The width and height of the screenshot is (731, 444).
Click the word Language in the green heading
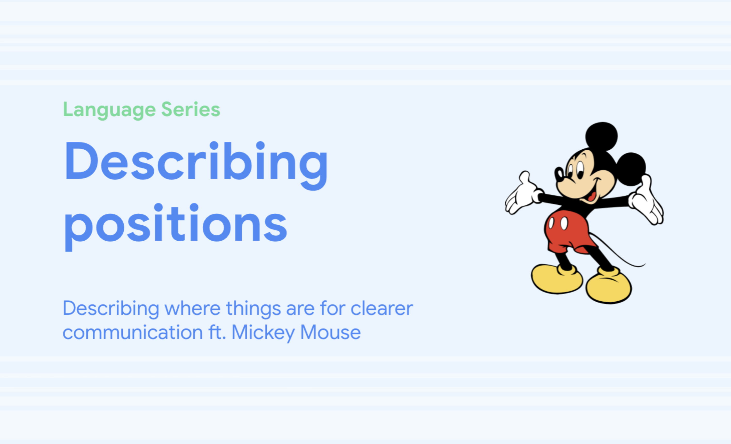109,110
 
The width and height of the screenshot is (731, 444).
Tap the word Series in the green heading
191,109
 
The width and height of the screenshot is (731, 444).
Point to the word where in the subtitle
193,308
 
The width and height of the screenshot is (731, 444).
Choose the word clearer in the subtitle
382,308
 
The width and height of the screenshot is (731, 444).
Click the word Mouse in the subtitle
330,332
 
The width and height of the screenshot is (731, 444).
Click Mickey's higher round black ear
601,136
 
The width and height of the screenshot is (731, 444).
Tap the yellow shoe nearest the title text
557,279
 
